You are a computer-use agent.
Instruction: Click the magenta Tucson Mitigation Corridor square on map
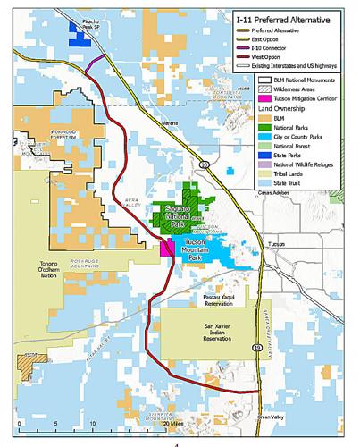(x=166, y=248)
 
